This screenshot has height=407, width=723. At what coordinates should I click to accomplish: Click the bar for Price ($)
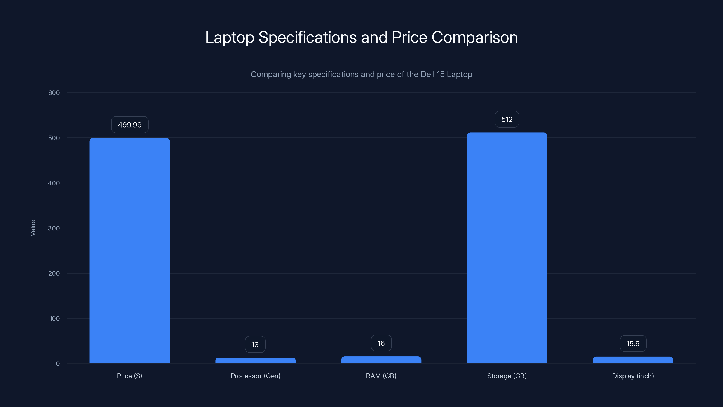(x=129, y=250)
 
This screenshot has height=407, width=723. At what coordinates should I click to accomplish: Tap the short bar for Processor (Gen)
(x=255, y=361)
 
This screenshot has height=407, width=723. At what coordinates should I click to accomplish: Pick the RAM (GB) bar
(x=381, y=360)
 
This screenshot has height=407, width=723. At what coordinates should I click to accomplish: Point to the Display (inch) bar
(x=633, y=360)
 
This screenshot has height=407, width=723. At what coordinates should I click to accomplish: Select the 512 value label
(x=507, y=119)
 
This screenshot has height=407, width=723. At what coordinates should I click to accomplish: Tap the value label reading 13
(x=255, y=345)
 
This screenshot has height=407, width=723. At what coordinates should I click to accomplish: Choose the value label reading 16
(x=381, y=343)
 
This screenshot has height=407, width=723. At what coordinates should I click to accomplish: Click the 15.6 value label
(x=633, y=344)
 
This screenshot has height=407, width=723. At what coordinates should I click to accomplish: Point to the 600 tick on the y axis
(x=54, y=93)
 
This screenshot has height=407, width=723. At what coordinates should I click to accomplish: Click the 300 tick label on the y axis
(x=54, y=228)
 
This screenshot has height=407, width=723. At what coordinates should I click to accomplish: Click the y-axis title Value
(x=33, y=228)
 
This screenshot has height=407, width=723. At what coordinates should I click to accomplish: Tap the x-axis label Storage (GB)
(x=507, y=376)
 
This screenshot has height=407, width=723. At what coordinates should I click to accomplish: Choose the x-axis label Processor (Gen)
(x=255, y=376)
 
